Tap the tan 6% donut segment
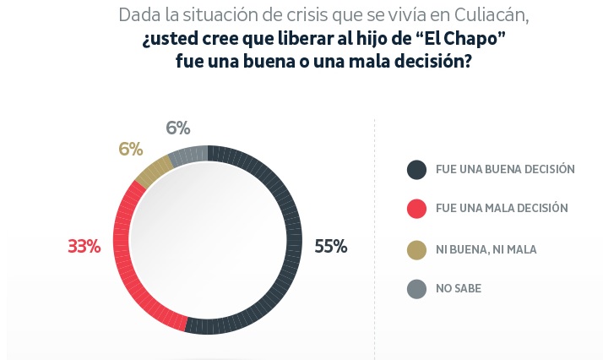click(152, 172)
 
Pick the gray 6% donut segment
click(188, 155)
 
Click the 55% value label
click(330, 247)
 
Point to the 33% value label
click(84, 247)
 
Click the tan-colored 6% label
click(130, 149)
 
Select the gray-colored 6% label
click(177, 128)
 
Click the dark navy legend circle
click(416, 169)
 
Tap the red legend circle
click(416, 209)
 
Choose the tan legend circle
click(416, 248)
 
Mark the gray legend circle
click(416, 289)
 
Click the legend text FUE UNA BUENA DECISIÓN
click(505, 169)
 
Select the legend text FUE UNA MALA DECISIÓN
click(502, 209)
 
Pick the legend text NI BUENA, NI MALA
click(486, 249)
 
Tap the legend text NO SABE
click(458, 289)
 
